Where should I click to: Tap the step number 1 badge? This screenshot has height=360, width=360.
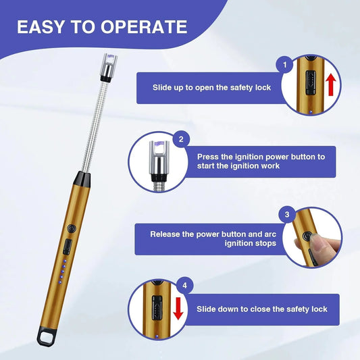[285, 65]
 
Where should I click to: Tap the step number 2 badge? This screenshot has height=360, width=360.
[180, 140]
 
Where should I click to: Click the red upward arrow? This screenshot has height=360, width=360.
[330, 88]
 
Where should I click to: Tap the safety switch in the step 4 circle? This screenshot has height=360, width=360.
[155, 310]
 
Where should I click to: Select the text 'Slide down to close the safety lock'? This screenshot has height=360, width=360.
[262, 309]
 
